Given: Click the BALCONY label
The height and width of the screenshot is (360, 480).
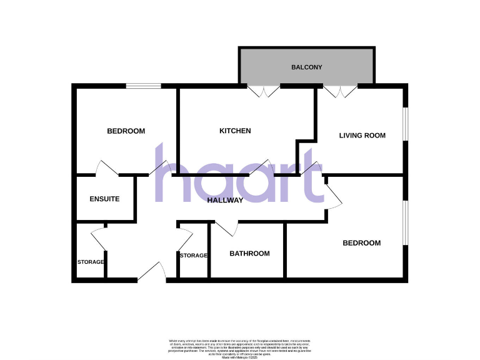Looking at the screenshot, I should (x=306, y=67).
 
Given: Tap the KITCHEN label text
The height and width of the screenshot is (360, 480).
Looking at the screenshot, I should (x=235, y=131).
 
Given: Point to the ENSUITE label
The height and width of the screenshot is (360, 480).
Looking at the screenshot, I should (x=104, y=199).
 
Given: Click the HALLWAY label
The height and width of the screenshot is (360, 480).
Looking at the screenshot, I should (x=226, y=201).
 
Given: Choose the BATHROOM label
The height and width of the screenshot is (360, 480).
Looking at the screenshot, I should (x=249, y=254).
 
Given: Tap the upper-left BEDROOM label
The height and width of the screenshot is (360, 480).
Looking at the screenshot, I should (x=126, y=131).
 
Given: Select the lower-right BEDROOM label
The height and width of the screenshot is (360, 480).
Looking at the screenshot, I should (x=361, y=243).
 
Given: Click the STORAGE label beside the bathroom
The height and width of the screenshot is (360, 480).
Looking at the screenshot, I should (x=193, y=256).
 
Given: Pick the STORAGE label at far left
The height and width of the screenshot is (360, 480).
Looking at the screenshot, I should (x=91, y=262).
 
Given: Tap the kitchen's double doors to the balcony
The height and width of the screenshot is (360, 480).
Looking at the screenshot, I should (x=263, y=91).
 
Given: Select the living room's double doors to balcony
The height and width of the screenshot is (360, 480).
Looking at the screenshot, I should (x=341, y=91).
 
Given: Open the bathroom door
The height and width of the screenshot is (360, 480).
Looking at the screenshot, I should (x=226, y=228).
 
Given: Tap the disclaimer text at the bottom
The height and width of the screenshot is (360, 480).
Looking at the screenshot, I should (x=240, y=347).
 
